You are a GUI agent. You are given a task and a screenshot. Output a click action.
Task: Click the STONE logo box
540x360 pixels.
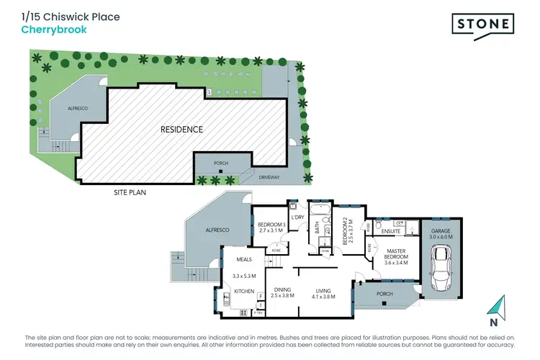pyautogui.click(x=483, y=24)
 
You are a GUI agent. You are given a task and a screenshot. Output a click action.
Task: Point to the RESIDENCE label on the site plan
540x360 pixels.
pyautogui.click(x=181, y=130)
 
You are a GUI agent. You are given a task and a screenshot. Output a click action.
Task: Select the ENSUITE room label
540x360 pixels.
pyautogui.click(x=392, y=230)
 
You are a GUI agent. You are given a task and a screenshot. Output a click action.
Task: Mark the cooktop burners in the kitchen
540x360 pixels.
pyautogui.click(x=243, y=313)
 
